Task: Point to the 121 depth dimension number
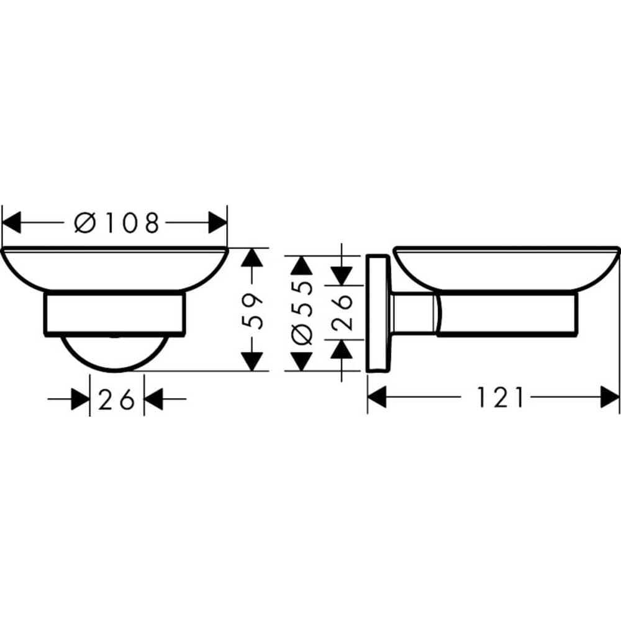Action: click(500, 397)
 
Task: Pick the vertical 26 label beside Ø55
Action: click(342, 312)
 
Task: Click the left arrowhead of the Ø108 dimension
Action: click(12, 222)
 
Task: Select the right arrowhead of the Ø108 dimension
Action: click(217, 222)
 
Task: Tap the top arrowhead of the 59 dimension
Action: click(251, 258)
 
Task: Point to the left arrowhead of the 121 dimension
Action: click(377, 397)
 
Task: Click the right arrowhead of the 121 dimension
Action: click(610, 397)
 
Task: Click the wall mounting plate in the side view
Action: click(376, 313)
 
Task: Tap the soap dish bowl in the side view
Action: click(506, 269)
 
